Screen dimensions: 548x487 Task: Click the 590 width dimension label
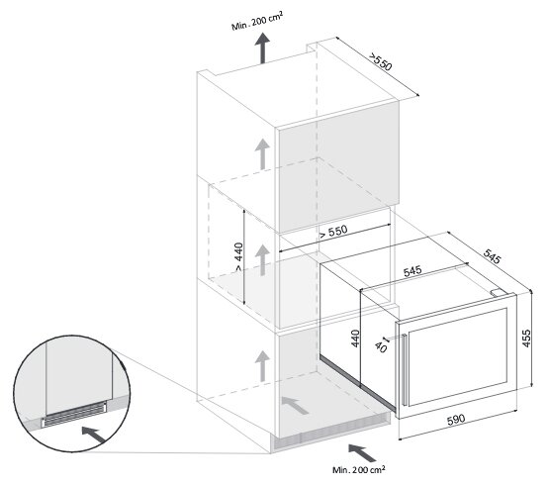click(x=456, y=419)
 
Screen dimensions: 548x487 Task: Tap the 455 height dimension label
click(x=526, y=339)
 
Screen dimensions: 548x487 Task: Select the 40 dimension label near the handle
click(x=381, y=347)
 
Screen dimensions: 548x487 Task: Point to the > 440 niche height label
click(x=238, y=257)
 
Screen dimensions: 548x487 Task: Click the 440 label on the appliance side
click(x=355, y=339)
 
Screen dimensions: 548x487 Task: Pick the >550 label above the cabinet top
click(x=381, y=62)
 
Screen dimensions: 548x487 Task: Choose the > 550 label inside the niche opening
click(x=333, y=232)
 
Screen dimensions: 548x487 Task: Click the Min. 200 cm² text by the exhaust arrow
click(x=257, y=22)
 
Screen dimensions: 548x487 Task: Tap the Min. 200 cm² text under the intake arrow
click(x=359, y=469)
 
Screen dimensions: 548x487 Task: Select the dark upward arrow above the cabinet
click(x=262, y=49)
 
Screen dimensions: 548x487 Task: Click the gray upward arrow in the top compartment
click(x=262, y=154)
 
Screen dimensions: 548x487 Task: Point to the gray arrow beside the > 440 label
click(x=262, y=260)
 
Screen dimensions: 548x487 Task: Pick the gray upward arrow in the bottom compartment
click(x=262, y=366)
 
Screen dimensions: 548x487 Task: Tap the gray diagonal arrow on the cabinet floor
click(x=295, y=406)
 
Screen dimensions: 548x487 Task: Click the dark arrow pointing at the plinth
click(x=362, y=453)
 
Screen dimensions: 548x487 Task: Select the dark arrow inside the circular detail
click(x=93, y=435)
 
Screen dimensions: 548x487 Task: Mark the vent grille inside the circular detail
click(x=74, y=414)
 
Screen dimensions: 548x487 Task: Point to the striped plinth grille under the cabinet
click(x=331, y=431)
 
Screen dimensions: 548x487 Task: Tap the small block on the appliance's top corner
click(x=498, y=292)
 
